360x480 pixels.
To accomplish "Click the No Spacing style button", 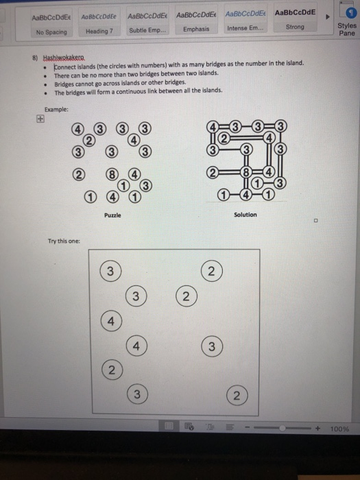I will coord(51,32).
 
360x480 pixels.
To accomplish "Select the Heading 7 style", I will coord(99,32).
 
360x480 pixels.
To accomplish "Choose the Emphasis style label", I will coord(195,29).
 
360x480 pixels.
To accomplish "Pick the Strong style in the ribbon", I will coord(294,27).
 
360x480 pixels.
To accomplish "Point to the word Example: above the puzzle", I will coord(56,110).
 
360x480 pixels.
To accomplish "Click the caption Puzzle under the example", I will coord(113,215).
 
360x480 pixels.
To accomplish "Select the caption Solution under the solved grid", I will coord(245,215).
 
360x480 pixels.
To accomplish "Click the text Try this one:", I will coord(64,241).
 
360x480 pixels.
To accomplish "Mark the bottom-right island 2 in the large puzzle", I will coord(235,396).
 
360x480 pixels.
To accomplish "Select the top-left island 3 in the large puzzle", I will coord(109,271).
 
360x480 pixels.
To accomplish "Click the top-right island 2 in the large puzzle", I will coord(212,271).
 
